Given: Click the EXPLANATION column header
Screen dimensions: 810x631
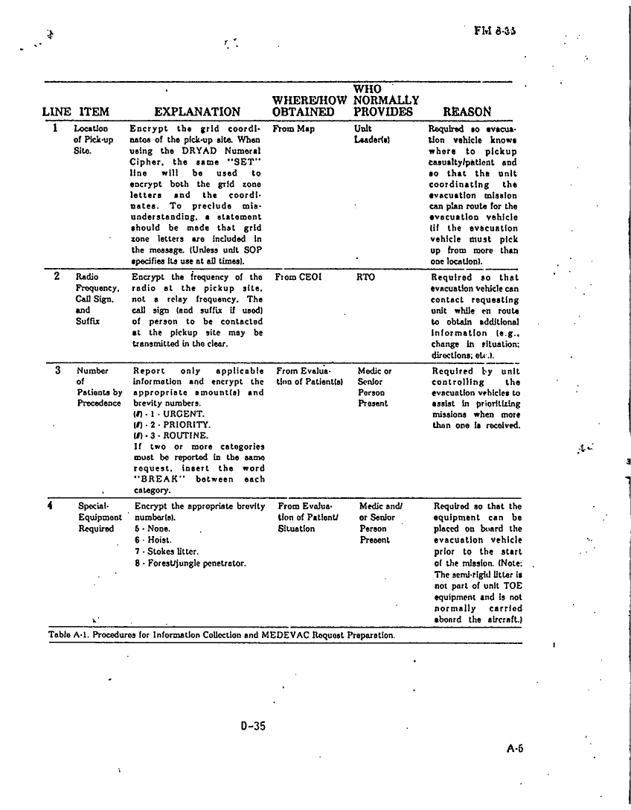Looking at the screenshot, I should [x=197, y=112].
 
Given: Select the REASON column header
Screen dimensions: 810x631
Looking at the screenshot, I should [x=467, y=112].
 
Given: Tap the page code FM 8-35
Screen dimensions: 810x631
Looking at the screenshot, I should [x=495, y=31].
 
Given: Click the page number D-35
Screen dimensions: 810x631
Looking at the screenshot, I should [x=253, y=726].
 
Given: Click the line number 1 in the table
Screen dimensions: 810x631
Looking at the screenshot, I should [x=56, y=128].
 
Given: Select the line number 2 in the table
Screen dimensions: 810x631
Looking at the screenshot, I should [x=57, y=276].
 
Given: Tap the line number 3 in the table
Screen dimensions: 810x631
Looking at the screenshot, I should [x=57, y=370].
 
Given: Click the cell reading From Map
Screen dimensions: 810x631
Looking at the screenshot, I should [x=294, y=129].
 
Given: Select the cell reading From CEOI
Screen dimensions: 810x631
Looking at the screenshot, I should [x=298, y=277].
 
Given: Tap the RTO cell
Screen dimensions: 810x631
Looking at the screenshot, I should [x=366, y=277].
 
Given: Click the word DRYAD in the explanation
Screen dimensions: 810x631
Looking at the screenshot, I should [x=196, y=150].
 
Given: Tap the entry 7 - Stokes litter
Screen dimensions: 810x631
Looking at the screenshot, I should [x=164, y=551].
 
